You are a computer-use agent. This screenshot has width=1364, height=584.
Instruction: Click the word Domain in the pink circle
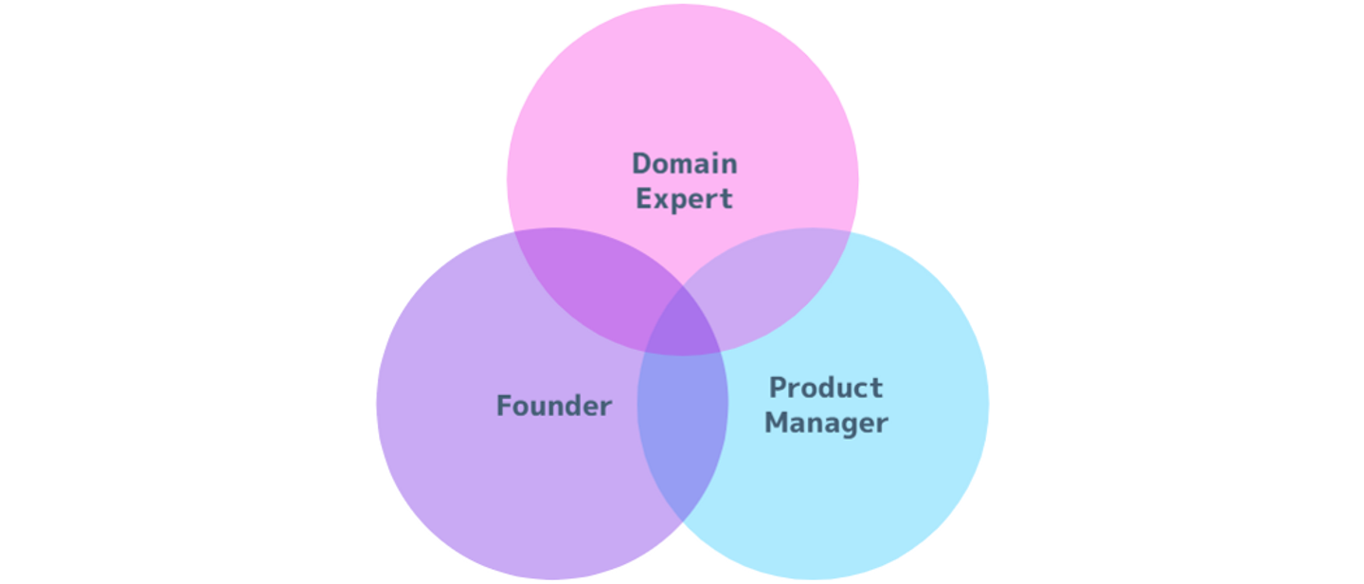[x=685, y=163]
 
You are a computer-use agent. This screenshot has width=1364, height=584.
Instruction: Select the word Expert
[x=684, y=199]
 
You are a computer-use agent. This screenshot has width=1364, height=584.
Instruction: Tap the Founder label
[x=553, y=406]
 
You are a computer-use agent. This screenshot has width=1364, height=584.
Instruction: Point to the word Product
[x=826, y=388]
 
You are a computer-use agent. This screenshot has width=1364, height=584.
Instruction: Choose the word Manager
[x=826, y=424]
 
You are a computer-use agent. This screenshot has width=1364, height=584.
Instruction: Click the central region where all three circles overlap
[x=683, y=325]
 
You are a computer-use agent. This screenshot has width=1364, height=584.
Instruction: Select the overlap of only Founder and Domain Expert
[x=591, y=281]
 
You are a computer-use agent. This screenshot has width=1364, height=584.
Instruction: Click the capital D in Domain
[x=642, y=164]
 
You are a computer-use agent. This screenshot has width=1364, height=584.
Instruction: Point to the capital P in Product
[x=779, y=388]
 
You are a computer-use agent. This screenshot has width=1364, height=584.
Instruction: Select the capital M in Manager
[x=777, y=423]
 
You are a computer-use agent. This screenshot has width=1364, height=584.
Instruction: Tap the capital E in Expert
[x=644, y=199]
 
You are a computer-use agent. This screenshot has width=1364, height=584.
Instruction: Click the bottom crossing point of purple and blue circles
[x=683, y=521]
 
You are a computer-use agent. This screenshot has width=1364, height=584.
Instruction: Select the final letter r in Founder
[x=605, y=409]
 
